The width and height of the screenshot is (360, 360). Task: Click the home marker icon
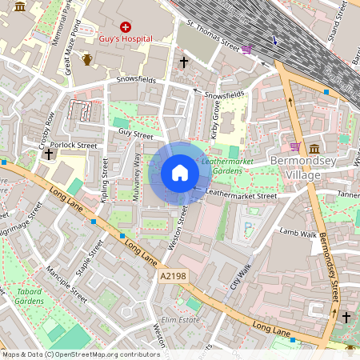180,173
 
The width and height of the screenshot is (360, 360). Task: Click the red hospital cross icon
126,27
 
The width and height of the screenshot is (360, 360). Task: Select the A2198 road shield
172,276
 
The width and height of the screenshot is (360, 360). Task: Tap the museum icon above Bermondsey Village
314,150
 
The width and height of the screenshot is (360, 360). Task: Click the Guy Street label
134,134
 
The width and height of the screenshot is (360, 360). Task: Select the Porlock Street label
77,146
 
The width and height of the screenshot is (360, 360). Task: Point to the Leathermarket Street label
241,194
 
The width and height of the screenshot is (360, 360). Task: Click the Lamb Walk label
298,232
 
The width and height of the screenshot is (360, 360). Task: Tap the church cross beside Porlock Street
50,153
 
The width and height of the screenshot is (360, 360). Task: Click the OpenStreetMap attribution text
80,354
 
